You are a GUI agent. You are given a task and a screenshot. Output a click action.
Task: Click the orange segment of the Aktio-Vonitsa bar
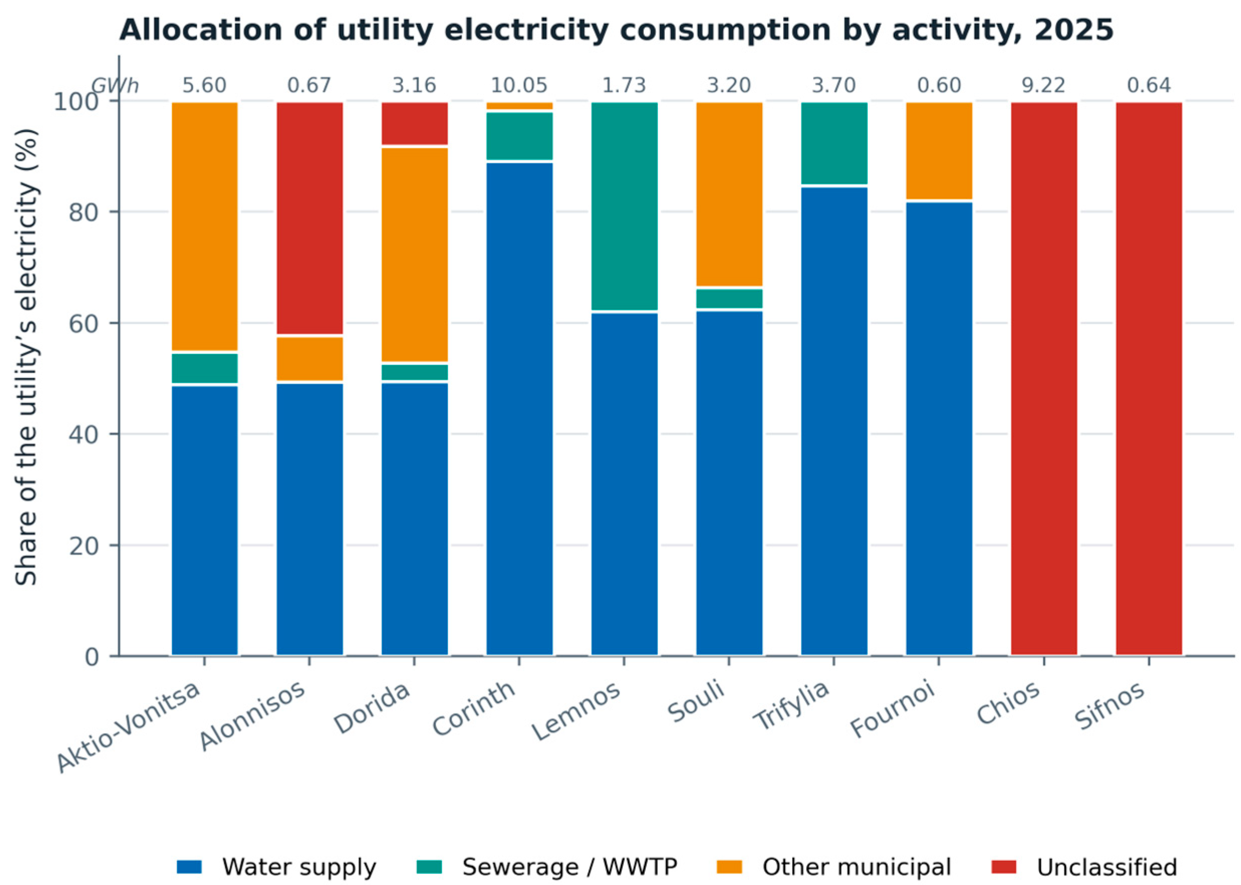[x=204, y=226]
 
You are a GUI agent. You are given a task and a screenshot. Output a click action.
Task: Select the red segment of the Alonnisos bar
[x=310, y=218]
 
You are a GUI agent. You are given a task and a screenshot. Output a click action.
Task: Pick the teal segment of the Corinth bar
[x=519, y=135]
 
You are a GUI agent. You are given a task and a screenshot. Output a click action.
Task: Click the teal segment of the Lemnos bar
[x=625, y=206]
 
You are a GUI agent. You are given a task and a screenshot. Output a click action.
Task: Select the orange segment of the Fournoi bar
[x=939, y=151]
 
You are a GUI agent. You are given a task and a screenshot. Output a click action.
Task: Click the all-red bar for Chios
[x=1044, y=378]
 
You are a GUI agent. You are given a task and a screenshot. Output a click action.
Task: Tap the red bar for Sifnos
[x=1149, y=378]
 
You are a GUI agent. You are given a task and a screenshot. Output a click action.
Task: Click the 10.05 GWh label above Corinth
[x=519, y=86]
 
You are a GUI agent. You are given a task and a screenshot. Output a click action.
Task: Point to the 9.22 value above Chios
[x=1044, y=86]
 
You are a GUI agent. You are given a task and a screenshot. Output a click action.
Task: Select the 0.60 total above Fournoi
[x=939, y=86]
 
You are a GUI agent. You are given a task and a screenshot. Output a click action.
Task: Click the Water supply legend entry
[x=277, y=866]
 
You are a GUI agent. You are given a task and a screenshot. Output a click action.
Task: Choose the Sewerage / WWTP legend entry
[x=547, y=866]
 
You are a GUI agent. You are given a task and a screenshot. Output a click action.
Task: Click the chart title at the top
[x=616, y=30]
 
